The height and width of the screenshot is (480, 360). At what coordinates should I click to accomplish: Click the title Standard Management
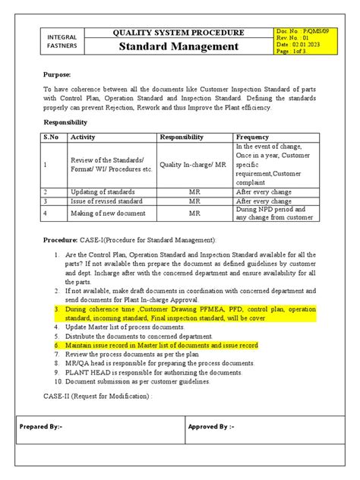click(178, 47)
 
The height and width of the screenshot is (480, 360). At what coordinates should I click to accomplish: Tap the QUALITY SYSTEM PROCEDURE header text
click(178, 33)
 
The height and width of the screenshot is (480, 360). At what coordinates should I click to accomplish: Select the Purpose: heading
click(56, 75)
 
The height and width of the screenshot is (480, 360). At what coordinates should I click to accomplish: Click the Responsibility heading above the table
click(66, 122)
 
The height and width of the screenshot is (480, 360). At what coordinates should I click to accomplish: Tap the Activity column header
click(83, 137)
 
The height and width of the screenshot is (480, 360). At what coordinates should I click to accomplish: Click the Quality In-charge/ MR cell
click(193, 163)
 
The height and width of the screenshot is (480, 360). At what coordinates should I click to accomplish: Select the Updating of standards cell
click(103, 191)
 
